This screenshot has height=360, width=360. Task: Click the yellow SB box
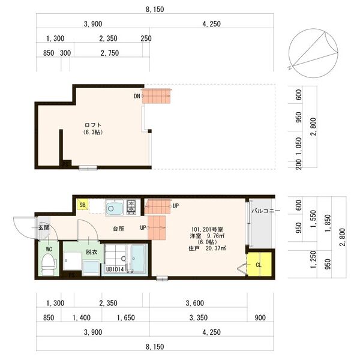click(x=82, y=205)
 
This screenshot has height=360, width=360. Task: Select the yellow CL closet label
click(x=259, y=265)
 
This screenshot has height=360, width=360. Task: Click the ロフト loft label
click(x=93, y=125)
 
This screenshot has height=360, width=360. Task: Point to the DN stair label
click(x=137, y=96)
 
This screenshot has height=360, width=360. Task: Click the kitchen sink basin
click(x=114, y=208)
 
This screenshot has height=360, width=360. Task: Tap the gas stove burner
click(x=131, y=207)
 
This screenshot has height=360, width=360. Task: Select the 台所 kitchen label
click(x=118, y=229)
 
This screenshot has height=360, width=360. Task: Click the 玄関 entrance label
click(x=44, y=227)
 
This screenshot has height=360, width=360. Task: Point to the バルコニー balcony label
click(x=266, y=211)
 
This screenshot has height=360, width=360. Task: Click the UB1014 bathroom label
click(x=115, y=269)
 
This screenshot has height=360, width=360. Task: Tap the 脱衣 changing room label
click(x=92, y=252)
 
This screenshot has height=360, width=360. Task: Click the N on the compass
click(x=290, y=68)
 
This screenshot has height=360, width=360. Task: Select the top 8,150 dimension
click(x=155, y=10)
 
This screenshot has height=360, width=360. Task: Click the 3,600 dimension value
click(x=194, y=303)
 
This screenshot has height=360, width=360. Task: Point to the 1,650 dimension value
click(x=126, y=318)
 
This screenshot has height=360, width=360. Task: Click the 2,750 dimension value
click(x=110, y=53)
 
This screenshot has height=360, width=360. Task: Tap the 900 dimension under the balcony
click(x=260, y=318)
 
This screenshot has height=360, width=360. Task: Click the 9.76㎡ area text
click(x=215, y=236)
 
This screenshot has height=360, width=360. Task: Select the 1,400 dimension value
click(x=82, y=318)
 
